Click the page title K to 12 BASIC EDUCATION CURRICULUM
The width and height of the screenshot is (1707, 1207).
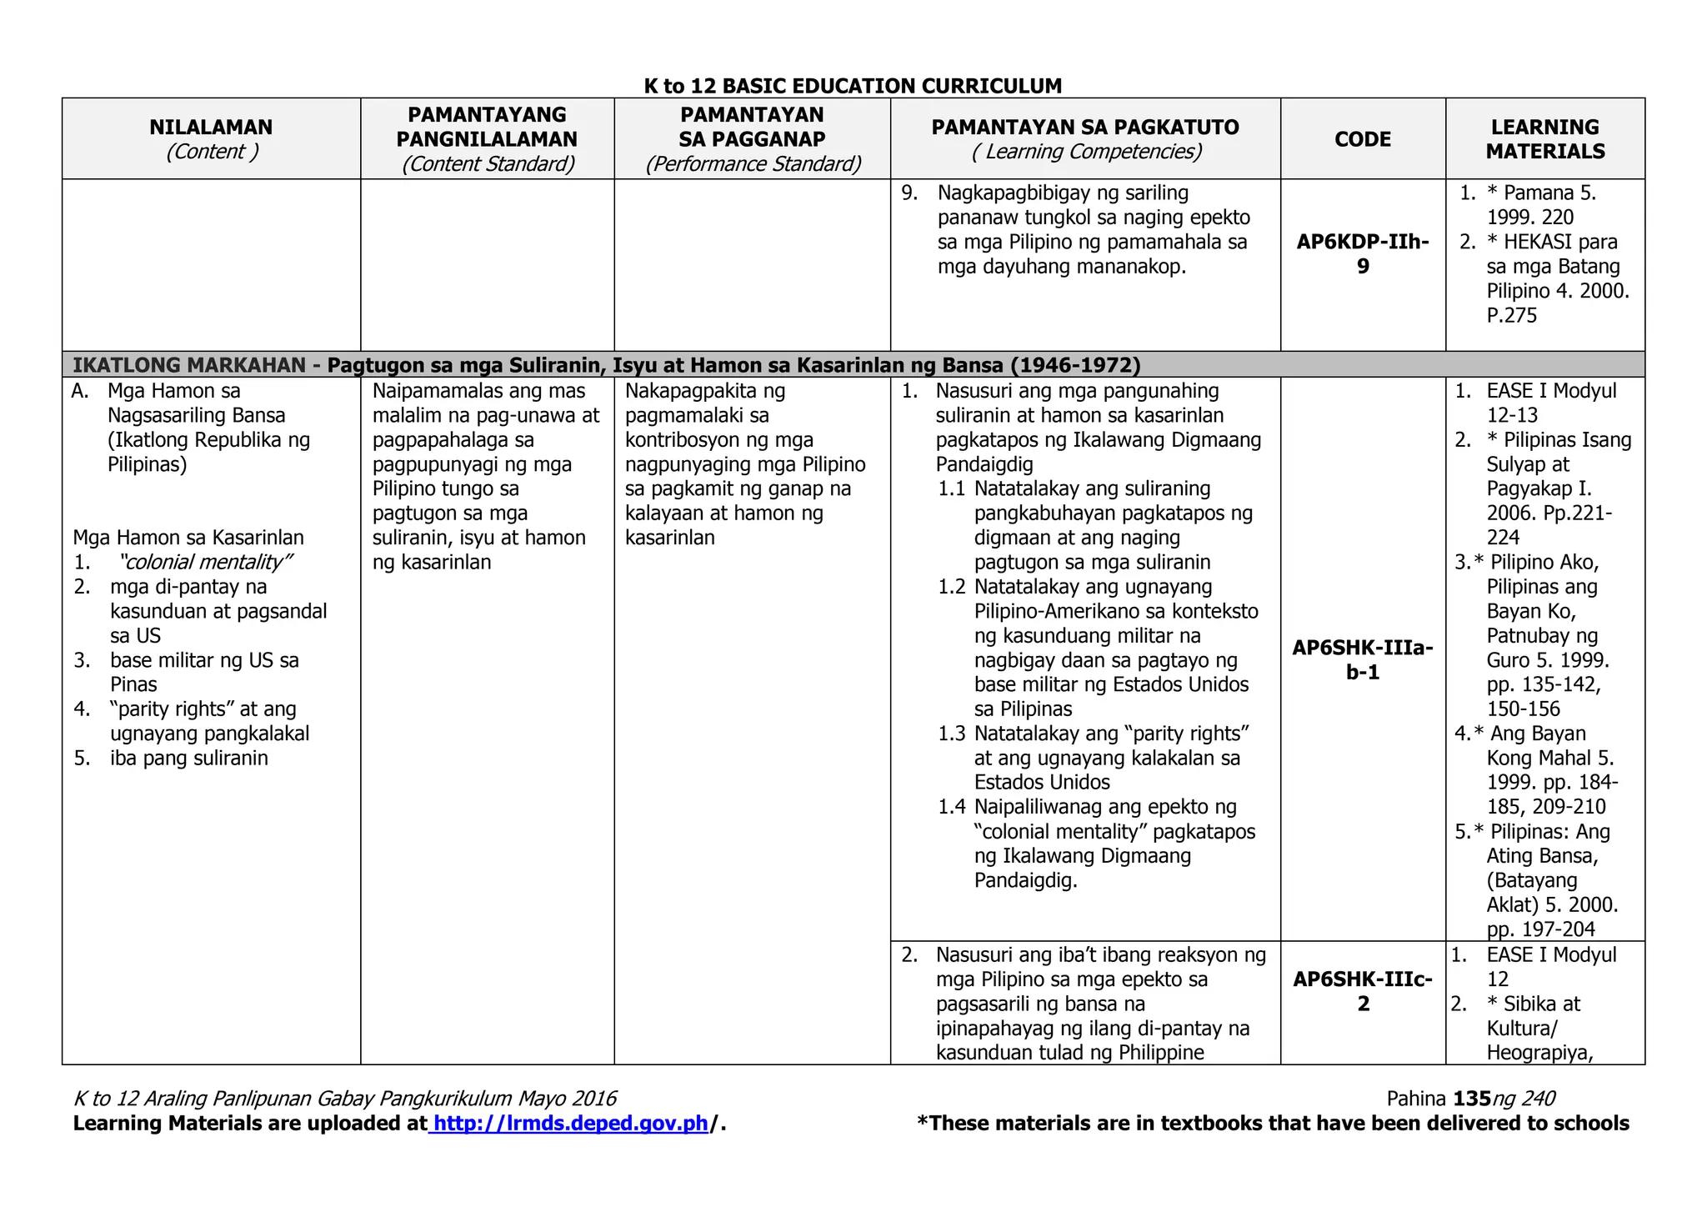tap(853, 86)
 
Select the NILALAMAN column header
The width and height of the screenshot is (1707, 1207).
tap(211, 128)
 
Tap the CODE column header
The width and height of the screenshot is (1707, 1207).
tap(1363, 139)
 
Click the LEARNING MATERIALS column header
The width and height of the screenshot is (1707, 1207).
tap(1544, 139)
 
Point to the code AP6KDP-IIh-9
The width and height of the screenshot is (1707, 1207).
tap(1363, 254)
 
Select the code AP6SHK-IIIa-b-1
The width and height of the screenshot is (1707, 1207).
tap(1363, 659)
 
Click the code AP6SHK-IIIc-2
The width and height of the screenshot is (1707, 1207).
tap(1363, 991)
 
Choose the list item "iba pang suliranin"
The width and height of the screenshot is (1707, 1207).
tap(189, 758)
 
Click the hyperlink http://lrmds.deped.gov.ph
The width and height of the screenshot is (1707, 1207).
tap(571, 1124)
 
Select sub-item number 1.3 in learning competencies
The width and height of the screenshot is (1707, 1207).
tap(951, 734)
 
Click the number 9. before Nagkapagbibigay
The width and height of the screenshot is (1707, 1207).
tap(909, 193)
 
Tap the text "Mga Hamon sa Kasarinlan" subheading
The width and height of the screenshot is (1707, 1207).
tap(188, 538)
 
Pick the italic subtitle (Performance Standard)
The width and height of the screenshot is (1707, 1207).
tap(753, 164)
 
